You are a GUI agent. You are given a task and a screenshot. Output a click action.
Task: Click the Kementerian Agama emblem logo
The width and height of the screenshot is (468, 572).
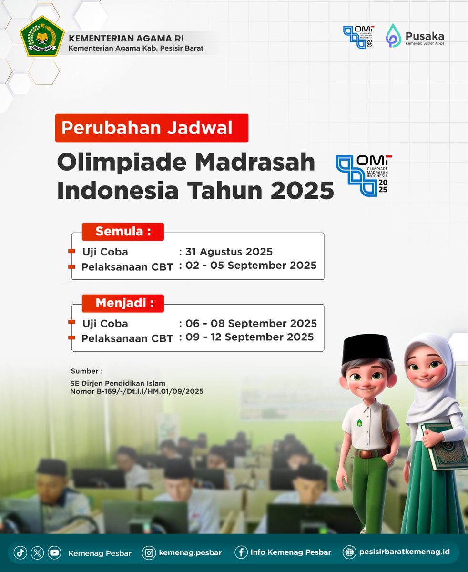(x=42, y=37)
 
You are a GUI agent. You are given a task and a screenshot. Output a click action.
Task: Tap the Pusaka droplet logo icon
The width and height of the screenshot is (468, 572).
(x=394, y=36)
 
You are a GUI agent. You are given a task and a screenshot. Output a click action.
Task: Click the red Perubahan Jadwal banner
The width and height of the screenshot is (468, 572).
(x=152, y=128)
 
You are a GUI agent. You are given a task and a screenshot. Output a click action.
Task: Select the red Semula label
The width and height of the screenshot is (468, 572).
(x=123, y=232)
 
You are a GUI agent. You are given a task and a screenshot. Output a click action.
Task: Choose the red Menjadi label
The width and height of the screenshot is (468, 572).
(x=123, y=303)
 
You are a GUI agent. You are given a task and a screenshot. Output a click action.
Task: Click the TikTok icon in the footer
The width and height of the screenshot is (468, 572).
(x=20, y=552)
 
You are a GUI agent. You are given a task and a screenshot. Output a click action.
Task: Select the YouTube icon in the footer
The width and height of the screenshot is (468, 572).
(x=54, y=552)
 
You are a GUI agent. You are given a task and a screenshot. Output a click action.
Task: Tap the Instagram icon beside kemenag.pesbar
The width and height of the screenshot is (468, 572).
(x=150, y=552)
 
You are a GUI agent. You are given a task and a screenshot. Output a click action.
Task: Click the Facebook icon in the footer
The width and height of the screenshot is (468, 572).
(x=242, y=552)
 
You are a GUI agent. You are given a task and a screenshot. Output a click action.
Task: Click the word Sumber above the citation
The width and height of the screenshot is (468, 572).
(x=86, y=371)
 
